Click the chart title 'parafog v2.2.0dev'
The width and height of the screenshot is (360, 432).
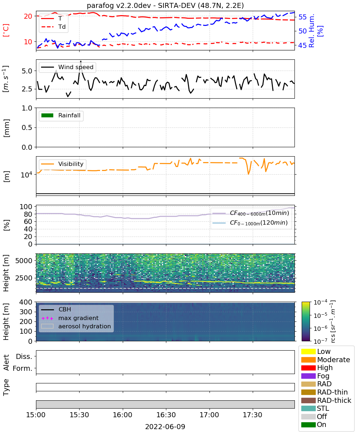[x=119, y=5]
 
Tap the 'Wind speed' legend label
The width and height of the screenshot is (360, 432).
[x=76, y=67]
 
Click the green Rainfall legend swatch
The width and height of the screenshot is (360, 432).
[x=48, y=115]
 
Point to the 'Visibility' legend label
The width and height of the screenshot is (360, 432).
[x=71, y=164]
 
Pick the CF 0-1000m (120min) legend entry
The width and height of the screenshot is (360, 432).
[x=250, y=223]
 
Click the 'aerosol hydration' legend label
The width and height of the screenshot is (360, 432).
[x=84, y=326]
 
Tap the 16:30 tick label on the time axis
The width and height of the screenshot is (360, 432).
[x=166, y=415]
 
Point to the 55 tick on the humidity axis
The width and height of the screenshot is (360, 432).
[x=302, y=17]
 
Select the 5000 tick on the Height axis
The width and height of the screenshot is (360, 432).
[x=24, y=261]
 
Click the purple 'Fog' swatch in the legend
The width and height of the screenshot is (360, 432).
[x=308, y=376]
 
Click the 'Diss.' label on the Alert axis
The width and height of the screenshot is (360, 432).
[x=24, y=356]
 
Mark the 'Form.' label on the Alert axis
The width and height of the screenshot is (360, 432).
[x=22, y=368]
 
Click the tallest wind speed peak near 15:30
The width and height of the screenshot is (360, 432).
[x=81, y=61]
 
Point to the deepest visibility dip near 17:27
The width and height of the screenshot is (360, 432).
[x=248, y=174]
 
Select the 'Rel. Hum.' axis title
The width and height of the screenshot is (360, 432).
[x=311, y=31]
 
